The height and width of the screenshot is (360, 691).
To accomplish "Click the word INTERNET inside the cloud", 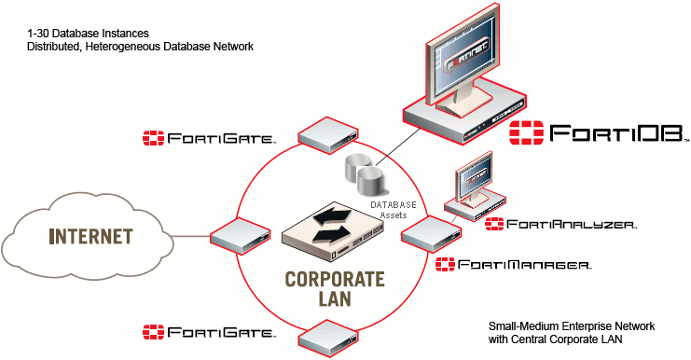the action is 90,237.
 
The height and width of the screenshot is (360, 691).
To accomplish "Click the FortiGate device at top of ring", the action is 328,135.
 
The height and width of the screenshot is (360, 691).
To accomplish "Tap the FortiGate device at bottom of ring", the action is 328,339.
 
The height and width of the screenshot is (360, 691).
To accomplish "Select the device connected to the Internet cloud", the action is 241,236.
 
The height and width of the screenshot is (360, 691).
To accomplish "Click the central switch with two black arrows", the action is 334,232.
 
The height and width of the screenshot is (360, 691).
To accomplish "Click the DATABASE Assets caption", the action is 394,210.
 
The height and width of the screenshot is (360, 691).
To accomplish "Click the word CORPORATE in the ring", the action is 335,279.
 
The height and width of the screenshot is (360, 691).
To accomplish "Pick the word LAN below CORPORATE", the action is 335,298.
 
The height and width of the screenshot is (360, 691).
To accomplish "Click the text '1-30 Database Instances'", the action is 89,34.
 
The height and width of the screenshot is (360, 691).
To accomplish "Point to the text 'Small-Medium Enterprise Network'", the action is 572,326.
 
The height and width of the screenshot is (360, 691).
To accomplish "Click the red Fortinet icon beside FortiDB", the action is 526,132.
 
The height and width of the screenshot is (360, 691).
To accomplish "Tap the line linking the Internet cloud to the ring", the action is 190,236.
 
